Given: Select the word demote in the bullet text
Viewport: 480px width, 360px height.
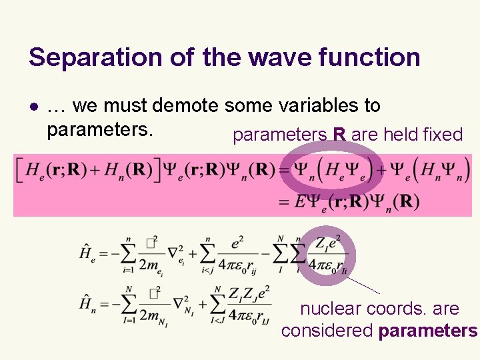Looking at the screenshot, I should tap(187, 105).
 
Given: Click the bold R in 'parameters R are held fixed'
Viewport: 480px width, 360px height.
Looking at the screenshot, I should tap(339, 135).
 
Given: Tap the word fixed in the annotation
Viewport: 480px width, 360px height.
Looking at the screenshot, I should tap(443, 135).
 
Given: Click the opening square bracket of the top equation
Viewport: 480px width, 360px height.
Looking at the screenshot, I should tap(20, 170).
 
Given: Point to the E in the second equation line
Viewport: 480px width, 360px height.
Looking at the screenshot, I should tap(301, 201).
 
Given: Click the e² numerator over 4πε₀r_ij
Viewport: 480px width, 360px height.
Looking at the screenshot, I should tap(237, 245).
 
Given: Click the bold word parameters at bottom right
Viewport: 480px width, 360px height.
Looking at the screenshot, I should tap(427, 331).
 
